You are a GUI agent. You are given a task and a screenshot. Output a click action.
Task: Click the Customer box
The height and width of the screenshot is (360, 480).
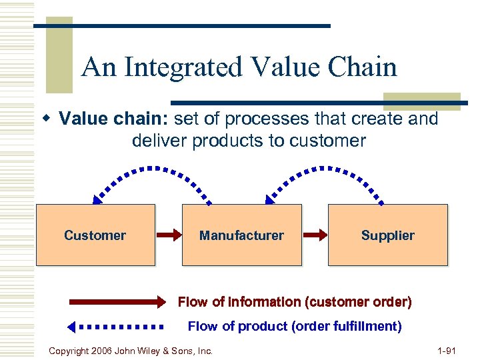pyautogui.click(x=95, y=235)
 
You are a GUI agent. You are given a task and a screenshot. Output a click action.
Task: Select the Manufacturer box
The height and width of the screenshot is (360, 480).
pyautogui.click(x=241, y=235)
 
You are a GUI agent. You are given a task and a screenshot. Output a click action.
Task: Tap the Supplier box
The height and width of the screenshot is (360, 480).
pyautogui.click(x=387, y=235)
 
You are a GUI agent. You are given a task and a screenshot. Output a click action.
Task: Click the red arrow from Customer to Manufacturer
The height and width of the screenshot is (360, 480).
pyautogui.click(x=169, y=235)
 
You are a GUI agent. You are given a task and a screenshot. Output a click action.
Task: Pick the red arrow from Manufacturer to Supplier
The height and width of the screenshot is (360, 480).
pyautogui.click(x=315, y=235)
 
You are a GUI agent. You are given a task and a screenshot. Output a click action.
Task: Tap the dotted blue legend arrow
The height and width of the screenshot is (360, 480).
pyautogui.click(x=116, y=327)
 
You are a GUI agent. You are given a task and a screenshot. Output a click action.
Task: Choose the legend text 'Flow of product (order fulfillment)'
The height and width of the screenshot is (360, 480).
pyautogui.click(x=295, y=327)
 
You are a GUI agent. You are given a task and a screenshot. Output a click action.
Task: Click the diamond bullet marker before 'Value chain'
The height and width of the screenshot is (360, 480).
pyautogui.click(x=47, y=119)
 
